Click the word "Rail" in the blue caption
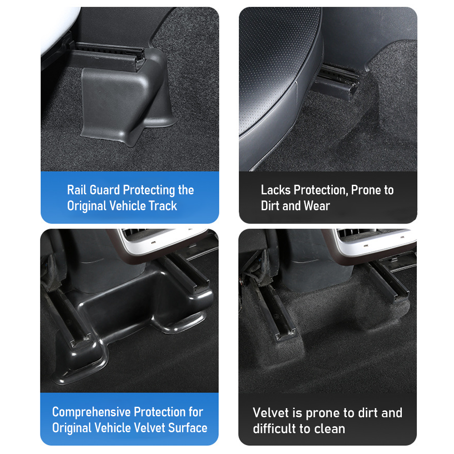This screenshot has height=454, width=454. pos(77,190)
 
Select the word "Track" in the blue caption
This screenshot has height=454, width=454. pos(163,206)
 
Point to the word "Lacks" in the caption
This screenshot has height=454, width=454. pos(276,190)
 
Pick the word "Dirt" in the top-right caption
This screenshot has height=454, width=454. pos(270,206)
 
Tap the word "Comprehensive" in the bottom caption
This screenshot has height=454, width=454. pos(92,412)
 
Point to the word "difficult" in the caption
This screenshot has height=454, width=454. pos(275,429)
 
